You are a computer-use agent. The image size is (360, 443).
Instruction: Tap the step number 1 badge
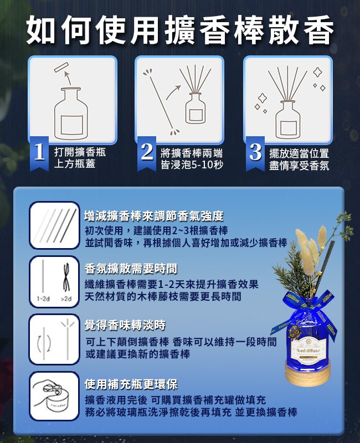pos(39,152)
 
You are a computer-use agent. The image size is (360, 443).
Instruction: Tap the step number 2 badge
pos(147,152)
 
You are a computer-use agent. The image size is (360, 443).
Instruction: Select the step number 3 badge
pos(255,152)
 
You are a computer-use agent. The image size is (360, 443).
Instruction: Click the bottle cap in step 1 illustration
pos(60,69)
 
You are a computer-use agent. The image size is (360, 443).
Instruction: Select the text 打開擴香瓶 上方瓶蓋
pos(79,158)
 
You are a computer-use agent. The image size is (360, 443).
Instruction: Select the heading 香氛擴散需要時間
pos(131,269)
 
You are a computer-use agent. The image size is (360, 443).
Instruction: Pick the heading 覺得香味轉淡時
pos(125,324)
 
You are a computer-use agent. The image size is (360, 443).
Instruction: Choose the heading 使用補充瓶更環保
pos(131,384)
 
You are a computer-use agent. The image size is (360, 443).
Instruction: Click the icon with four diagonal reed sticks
pos(54,226)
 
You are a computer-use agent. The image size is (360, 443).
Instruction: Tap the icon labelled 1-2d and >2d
pos(54,281)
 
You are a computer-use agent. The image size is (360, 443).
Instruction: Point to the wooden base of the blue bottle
pos(312,374)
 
